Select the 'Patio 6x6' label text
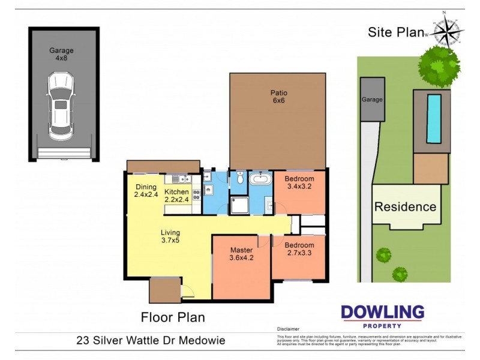pyautogui.click(x=278, y=97)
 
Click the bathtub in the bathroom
pyautogui.click(x=261, y=179)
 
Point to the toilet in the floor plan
pyautogui.click(x=239, y=178)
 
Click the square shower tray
pyautogui.click(x=239, y=205)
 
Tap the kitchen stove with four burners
pyautogui.click(x=196, y=195)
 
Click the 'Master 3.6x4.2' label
pyautogui.click(x=242, y=254)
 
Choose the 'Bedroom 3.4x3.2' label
pyautogui.click(x=299, y=183)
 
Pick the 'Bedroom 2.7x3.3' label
pyautogui.click(x=299, y=250)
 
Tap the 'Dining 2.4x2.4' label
pyautogui.click(x=145, y=191)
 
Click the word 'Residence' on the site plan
pyautogui.click(x=405, y=207)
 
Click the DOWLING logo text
pyautogui.click(x=382, y=313)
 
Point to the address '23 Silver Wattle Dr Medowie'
pyautogui.click(x=151, y=340)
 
